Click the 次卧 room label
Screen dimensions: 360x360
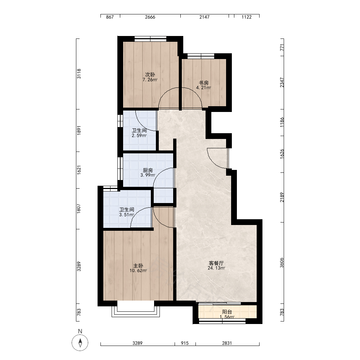tap(150, 75)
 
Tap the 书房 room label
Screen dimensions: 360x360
tap(204, 83)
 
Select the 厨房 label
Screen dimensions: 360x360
tap(148, 170)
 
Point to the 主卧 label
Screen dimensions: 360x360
tap(138, 266)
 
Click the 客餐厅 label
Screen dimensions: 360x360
tap(216, 263)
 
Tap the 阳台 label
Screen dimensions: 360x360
tap(227, 312)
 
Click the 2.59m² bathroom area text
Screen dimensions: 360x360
tap(139, 135)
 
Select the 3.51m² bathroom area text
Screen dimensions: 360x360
tap(126, 215)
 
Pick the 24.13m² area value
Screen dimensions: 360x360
tap(216, 268)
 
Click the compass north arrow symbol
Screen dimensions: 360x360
tap(80, 343)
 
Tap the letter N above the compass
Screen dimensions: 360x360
tap(80, 331)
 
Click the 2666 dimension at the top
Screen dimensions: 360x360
tap(150, 17)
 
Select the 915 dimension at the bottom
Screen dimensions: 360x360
tap(185, 343)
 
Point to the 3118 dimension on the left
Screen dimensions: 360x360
tap(79, 74)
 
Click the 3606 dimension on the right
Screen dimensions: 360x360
tap(282, 263)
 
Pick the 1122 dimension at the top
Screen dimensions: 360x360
tap(247, 17)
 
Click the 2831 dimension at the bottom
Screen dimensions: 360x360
tap(227, 343)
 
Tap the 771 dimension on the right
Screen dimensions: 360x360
tap(282, 48)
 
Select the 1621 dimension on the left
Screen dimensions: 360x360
tap(79, 170)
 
